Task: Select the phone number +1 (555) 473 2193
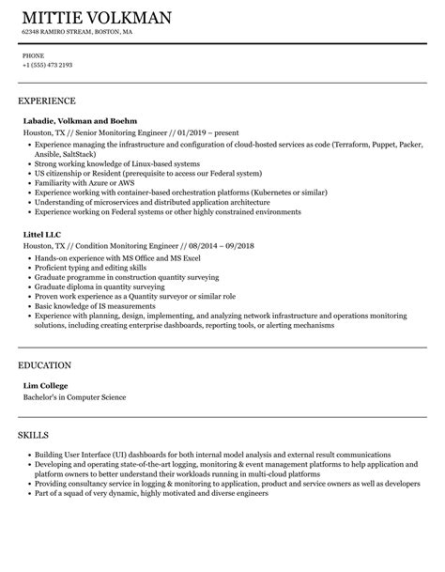[47, 65]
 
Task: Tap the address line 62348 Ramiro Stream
[77, 33]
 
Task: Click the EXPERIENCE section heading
[47, 100]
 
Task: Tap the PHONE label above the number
[32, 55]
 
